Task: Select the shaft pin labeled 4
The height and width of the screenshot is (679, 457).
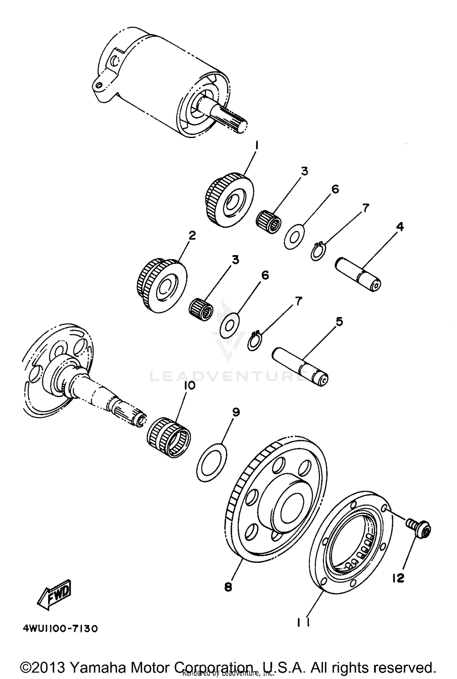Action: [x=359, y=274]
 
